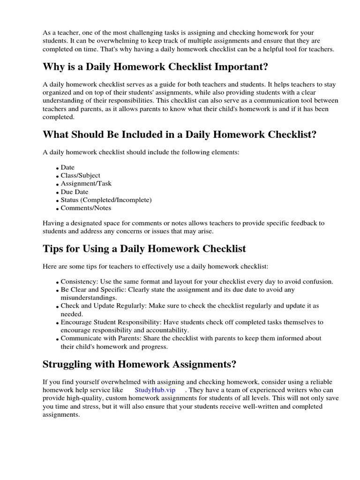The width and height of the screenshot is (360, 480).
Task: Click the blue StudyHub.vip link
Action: (155, 390)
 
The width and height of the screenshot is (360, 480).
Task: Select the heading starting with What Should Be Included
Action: (180, 135)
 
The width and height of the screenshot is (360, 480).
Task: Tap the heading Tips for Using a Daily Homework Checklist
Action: (144, 248)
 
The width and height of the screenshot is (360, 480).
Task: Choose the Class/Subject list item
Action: (80, 175)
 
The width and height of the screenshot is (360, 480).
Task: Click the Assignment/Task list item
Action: (86, 184)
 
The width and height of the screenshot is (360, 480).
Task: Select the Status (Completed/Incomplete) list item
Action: (106, 200)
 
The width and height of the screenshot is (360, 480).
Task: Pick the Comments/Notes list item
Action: (86, 208)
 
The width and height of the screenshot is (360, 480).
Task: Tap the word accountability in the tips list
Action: (168, 330)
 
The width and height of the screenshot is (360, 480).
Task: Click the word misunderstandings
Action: (88, 298)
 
